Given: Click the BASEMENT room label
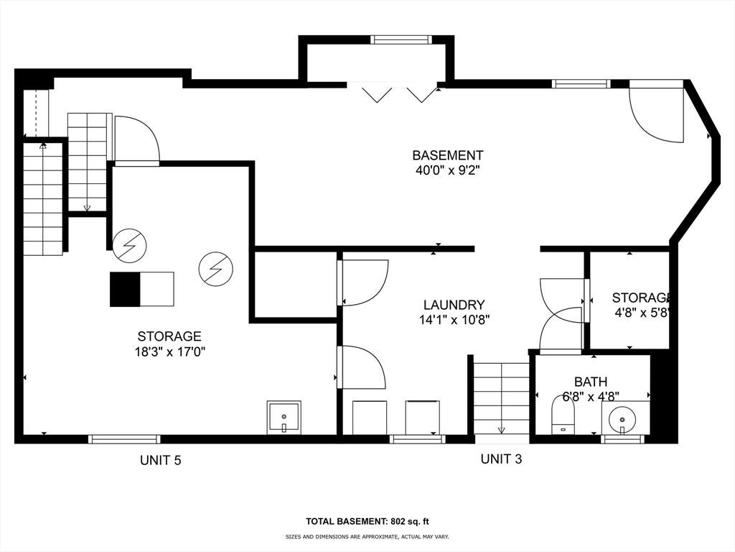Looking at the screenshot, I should point(447,155).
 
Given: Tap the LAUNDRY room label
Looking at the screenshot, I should point(453,305).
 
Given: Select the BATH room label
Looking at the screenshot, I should point(590,382).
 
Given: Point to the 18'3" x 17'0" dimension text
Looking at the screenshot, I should point(169,351).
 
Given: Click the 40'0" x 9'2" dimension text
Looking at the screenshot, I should point(447,171).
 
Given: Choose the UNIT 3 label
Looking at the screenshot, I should point(501,459).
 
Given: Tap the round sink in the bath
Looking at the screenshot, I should point(622,418).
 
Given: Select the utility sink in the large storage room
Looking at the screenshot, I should point(284,418).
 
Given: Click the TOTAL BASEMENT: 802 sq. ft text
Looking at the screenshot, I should point(367,522).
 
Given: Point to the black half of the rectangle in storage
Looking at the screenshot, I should point(125,289).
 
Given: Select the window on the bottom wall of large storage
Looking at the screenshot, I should point(124,439).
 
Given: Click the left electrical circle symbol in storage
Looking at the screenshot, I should point(129,244).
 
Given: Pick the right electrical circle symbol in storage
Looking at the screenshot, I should point(215,268).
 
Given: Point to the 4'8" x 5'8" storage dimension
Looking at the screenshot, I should point(642,313).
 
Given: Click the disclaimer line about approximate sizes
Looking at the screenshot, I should point(367,537).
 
